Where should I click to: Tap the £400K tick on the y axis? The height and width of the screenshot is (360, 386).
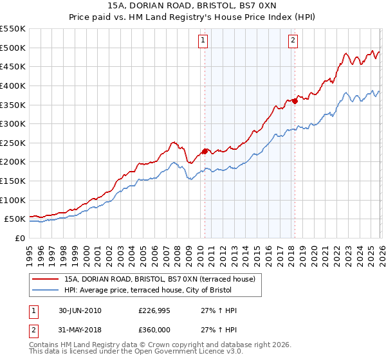[12, 85]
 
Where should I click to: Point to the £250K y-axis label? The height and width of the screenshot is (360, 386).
[12, 143]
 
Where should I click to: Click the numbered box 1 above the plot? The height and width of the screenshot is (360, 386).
[203, 40]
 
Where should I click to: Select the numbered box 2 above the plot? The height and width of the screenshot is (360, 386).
[293, 40]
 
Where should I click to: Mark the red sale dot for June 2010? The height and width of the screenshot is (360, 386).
[205, 151]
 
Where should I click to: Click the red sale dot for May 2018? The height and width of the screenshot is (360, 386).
[295, 100]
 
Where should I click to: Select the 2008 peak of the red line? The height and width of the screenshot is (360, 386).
[172, 142]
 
